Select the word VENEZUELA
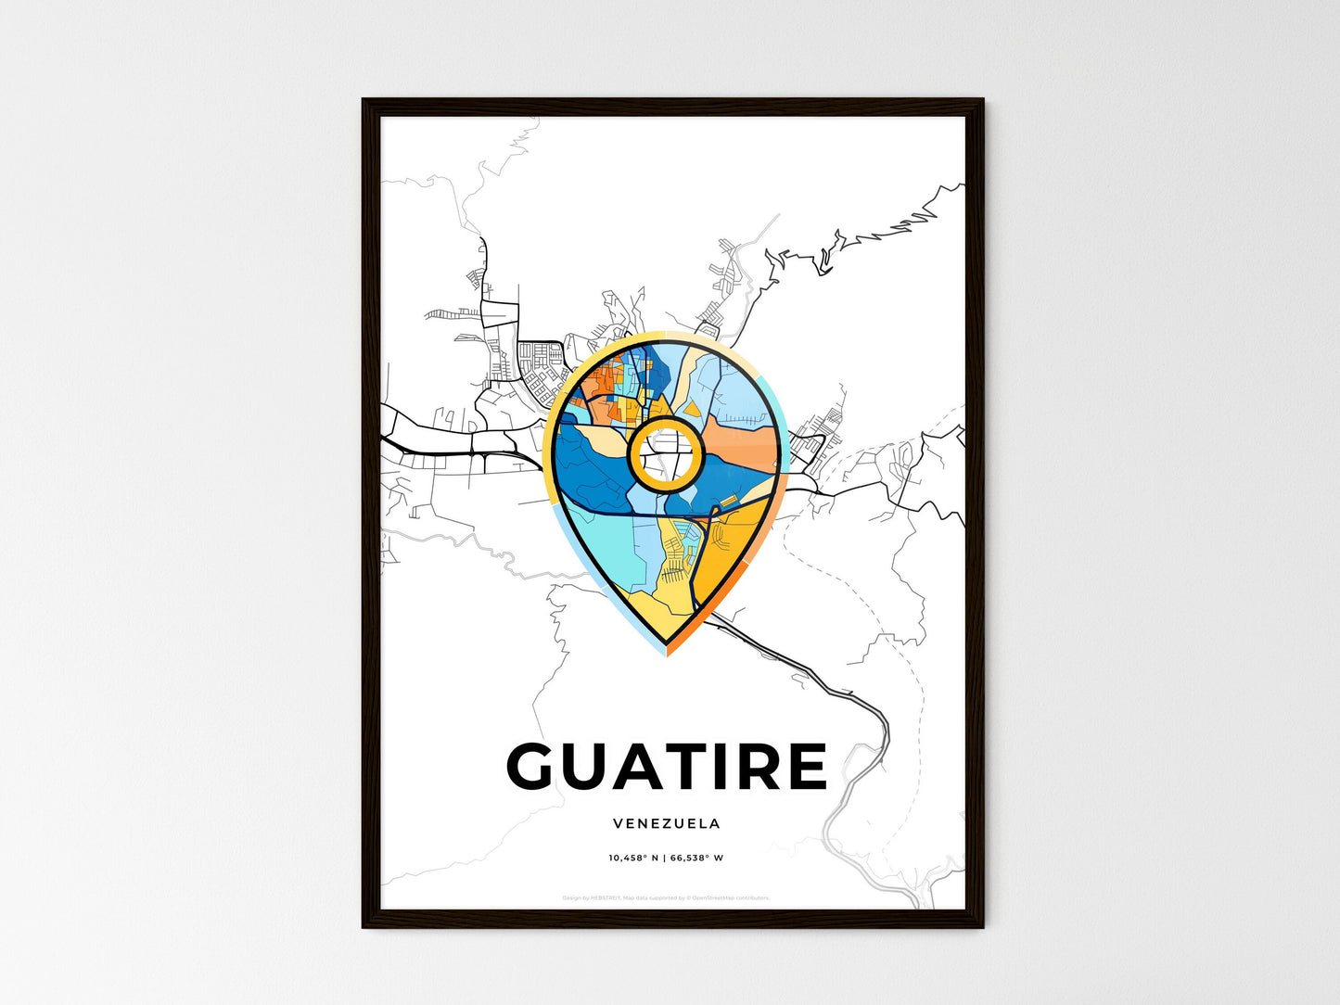coord(666,823)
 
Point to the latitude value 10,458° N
coord(633,858)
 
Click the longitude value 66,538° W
coord(696,858)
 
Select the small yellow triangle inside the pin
coord(692,408)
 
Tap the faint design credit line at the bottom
coord(666,897)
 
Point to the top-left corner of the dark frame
coord(364,100)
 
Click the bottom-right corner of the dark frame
coord(982,925)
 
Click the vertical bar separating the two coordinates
coord(664,858)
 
